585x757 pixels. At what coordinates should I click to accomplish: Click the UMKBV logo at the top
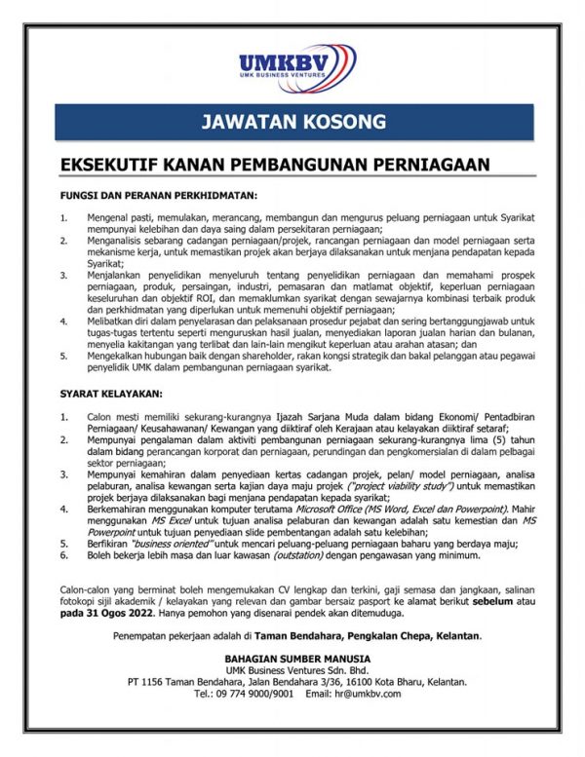[292, 65]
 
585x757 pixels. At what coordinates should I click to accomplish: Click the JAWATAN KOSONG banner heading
[292, 123]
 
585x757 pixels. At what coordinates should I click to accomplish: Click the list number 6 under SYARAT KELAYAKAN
[63, 555]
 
